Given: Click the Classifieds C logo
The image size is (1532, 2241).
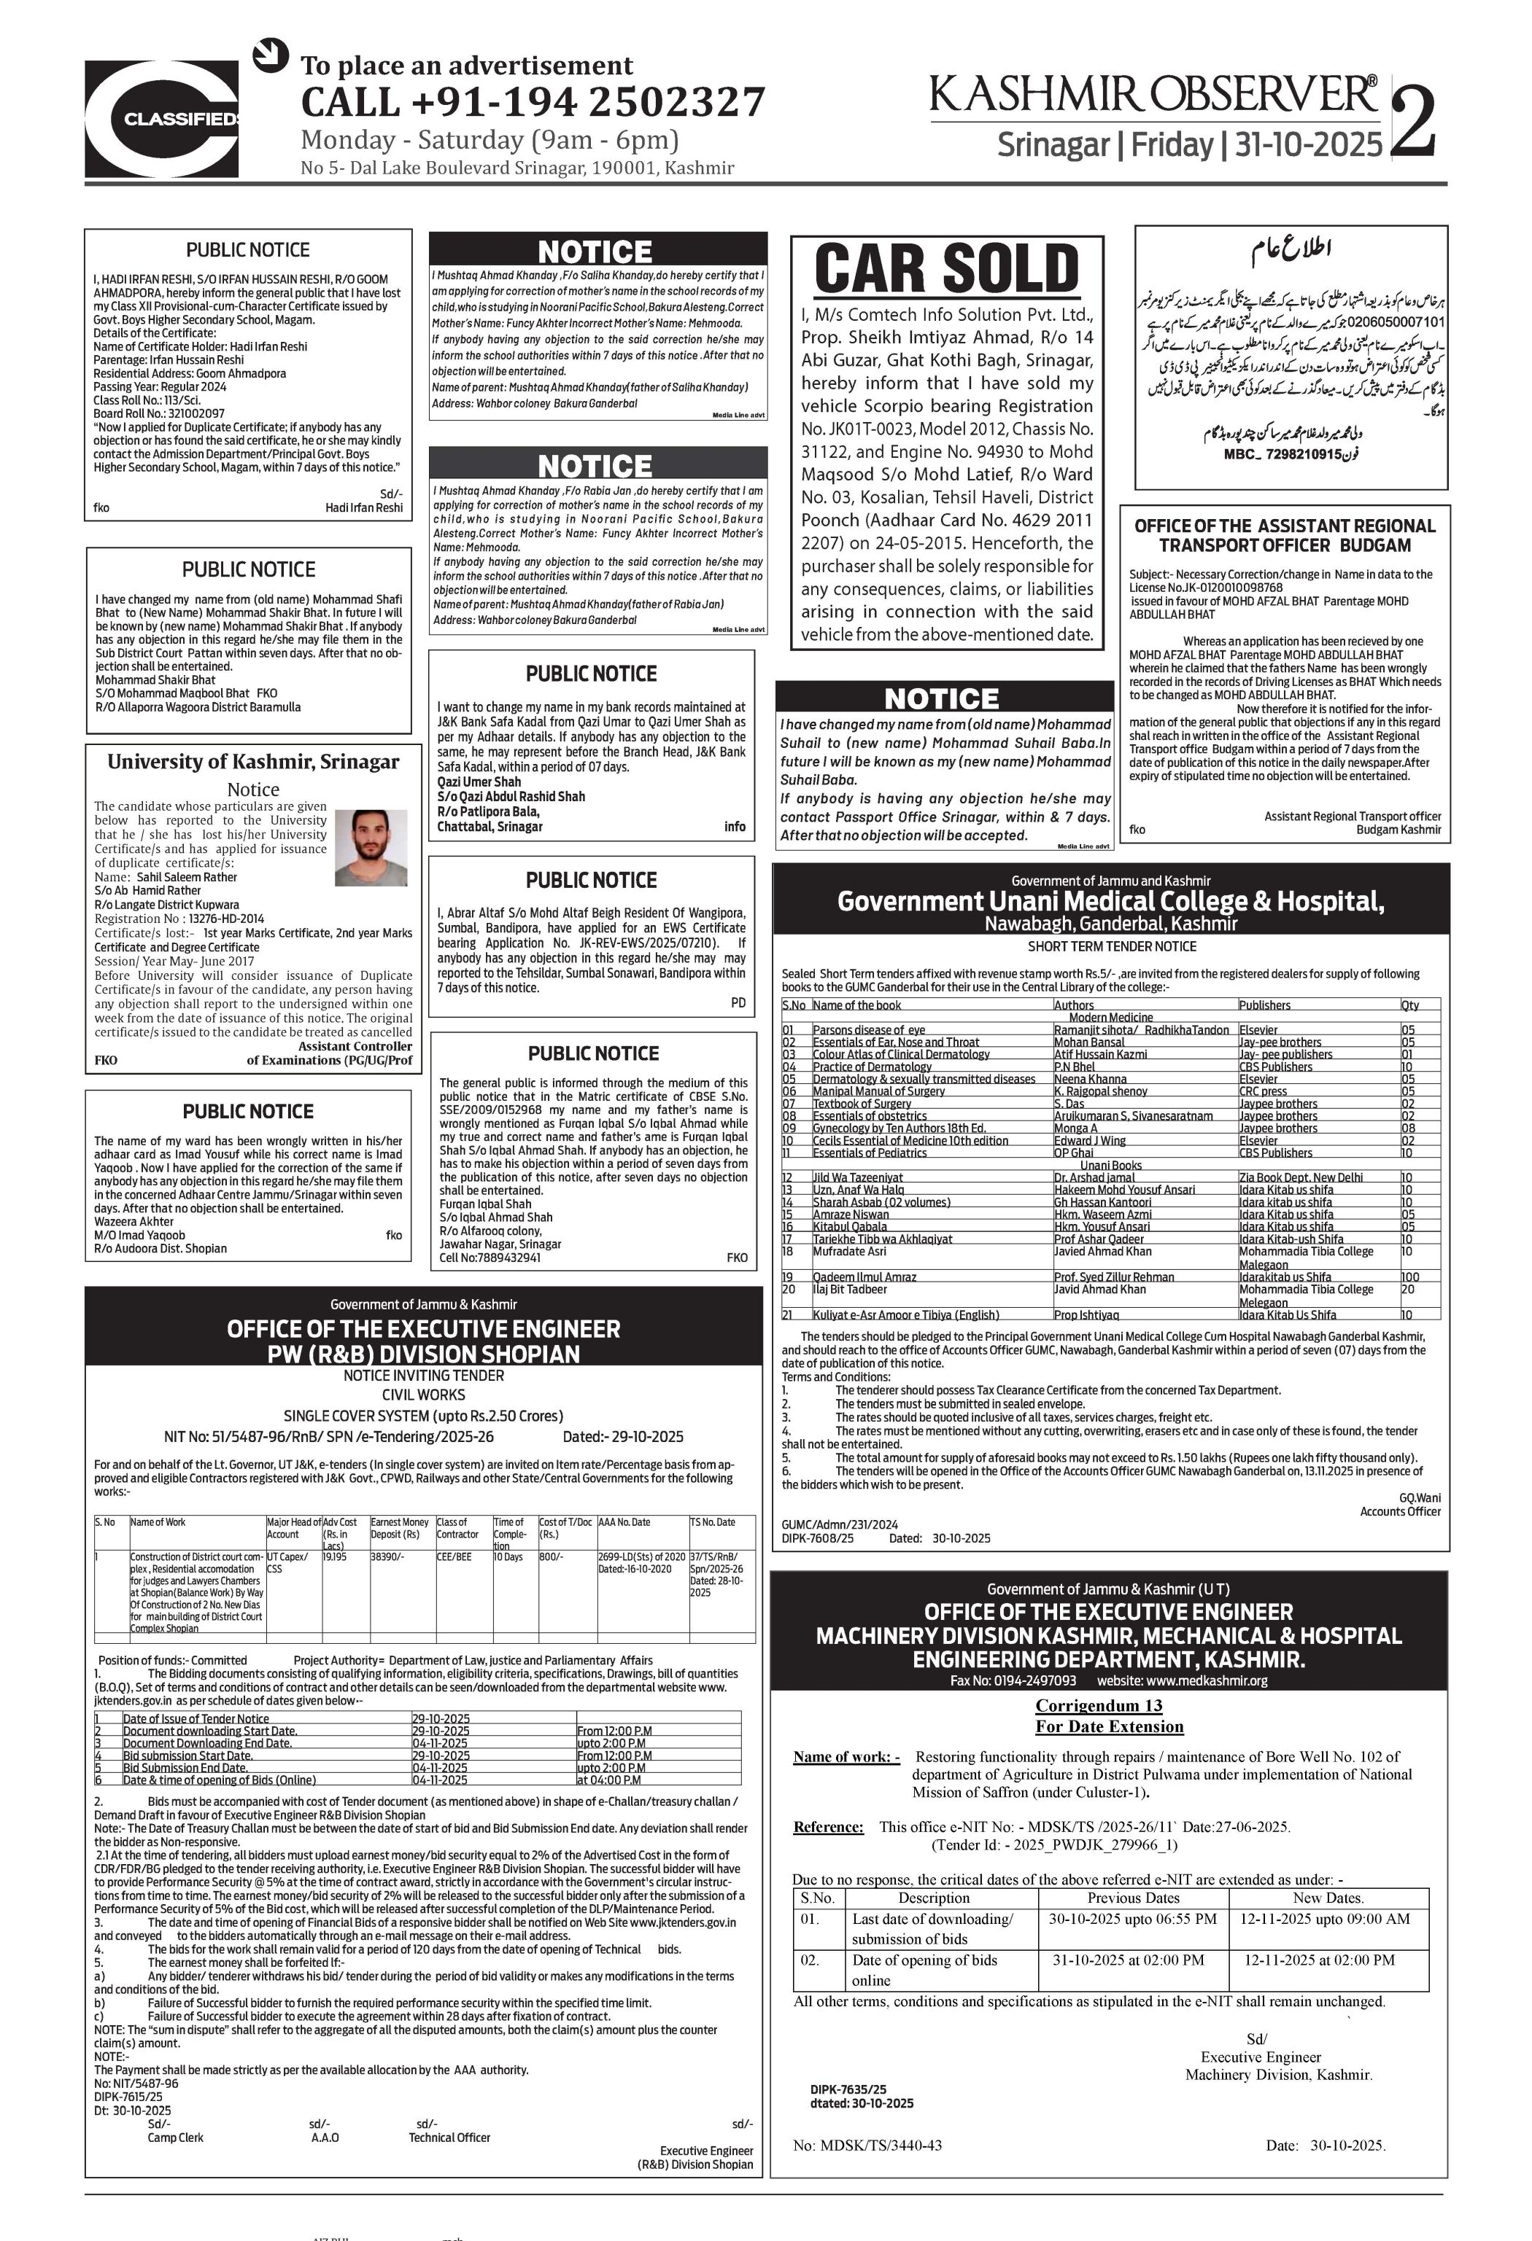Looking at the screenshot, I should point(161,119).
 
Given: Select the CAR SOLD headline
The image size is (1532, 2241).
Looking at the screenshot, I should point(946,269).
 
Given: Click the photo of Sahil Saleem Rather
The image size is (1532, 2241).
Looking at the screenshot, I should point(371,848).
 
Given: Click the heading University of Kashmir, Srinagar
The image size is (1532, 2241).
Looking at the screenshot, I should point(252,762).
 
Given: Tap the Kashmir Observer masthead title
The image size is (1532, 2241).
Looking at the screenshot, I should point(1153,95).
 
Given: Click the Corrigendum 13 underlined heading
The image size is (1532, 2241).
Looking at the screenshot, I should point(1110,1706).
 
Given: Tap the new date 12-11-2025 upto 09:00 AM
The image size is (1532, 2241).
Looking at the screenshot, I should point(1325,1919).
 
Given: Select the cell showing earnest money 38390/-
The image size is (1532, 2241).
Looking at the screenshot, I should point(388,1556).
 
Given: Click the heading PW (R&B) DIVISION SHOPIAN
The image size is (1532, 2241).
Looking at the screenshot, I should point(424,1354).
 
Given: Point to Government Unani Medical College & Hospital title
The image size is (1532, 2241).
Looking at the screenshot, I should point(1110,902).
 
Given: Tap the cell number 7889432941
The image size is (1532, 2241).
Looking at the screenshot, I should point(505,1258).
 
